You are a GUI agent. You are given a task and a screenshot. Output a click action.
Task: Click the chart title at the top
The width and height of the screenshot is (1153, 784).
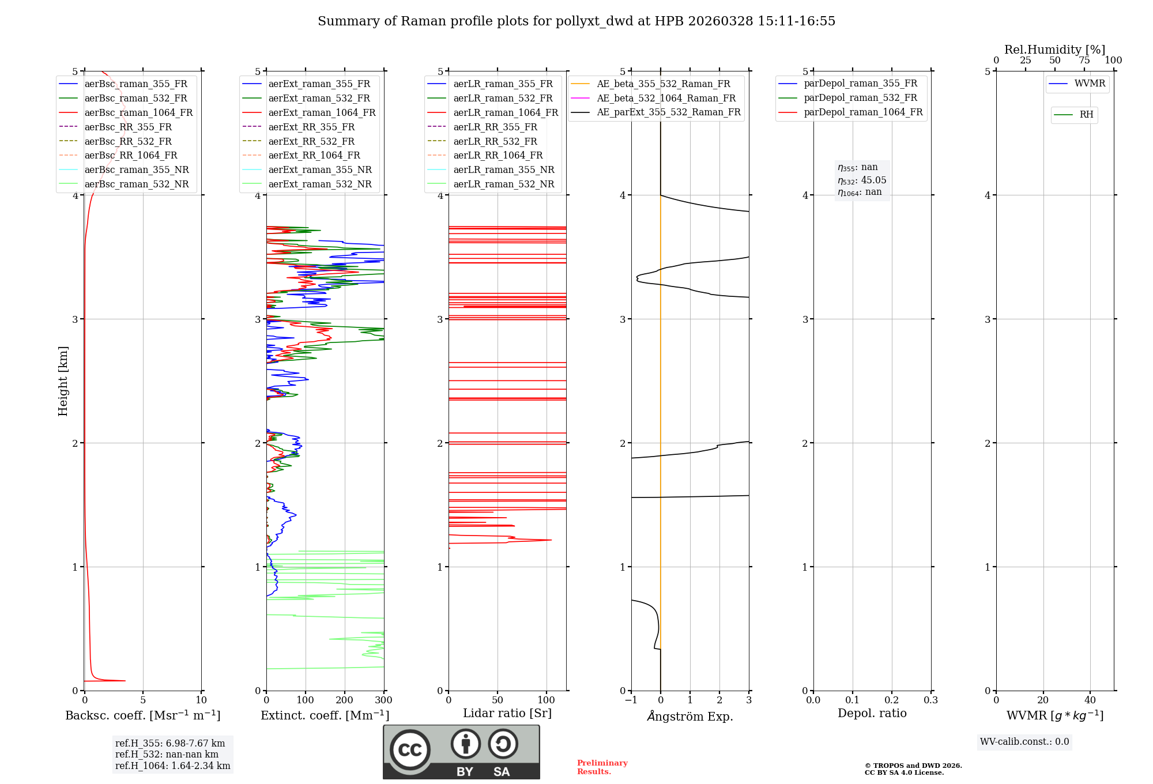pyautogui.click(x=576, y=21)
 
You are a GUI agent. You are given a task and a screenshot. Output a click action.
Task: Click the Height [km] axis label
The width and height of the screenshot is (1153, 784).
pyautogui.click(x=63, y=381)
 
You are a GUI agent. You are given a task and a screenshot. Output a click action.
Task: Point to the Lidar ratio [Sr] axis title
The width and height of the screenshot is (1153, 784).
pyautogui.click(x=507, y=713)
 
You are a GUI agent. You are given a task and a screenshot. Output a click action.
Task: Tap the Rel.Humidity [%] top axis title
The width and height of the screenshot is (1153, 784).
pyautogui.click(x=1055, y=50)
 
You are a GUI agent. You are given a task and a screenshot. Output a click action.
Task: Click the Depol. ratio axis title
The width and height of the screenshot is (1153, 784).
pyautogui.click(x=872, y=713)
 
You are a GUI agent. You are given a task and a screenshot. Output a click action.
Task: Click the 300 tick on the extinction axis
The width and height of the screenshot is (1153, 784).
pyautogui.click(x=384, y=700)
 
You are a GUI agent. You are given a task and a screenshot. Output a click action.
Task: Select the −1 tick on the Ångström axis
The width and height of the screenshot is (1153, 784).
pyautogui.click(x=631, y=700)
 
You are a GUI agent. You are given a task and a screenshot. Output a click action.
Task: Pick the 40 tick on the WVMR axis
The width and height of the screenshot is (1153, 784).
pyautogui.click(x=1090, y=700)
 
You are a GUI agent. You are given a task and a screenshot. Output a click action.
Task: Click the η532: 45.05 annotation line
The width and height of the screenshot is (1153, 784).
pyautogui.click(x=862, y=180)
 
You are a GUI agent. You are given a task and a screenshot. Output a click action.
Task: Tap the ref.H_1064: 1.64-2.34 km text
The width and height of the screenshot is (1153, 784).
pyautogui.click(x=173, y=766)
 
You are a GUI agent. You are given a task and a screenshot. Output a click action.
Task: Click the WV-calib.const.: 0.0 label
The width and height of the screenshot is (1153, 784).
pyautogui.click(x=1024, y=742)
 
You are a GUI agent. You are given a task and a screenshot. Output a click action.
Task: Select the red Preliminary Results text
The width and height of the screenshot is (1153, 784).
pyautogui.click(x=602, y=767)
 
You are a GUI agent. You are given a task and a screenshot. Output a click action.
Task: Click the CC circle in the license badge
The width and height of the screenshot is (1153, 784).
pyautogui.click(x=410, y=750)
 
